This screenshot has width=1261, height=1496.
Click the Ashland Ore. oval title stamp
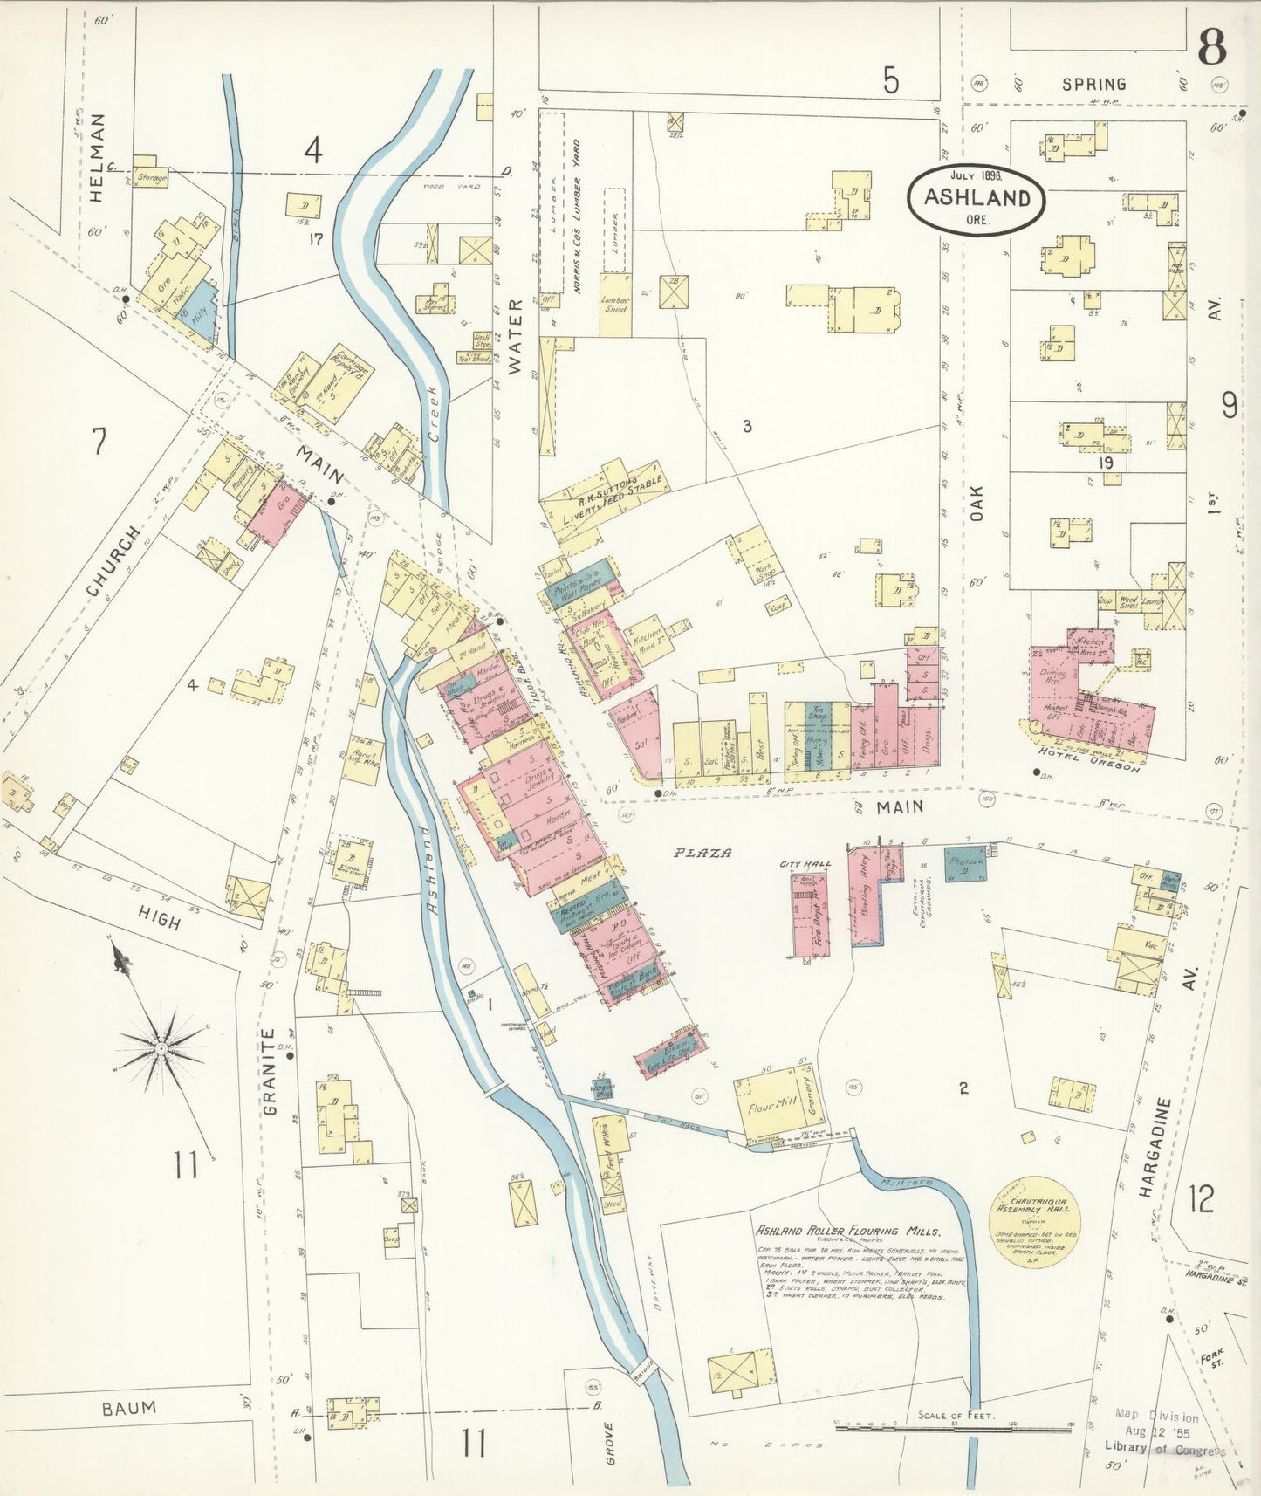click(x=977, y=198)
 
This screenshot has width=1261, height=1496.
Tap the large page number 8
click(x=1211, y=46)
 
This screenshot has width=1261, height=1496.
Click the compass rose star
click(x=161, y=1047)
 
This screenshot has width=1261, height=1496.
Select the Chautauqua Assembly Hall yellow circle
click(x=1034, y=1214)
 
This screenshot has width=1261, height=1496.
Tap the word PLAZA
click(x=702, y=853)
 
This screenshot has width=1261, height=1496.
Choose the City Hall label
click(x=805, y=864)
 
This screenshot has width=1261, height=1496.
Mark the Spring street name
click(x=1093, y=84)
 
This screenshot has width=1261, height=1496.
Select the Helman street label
click(x=97, y=158)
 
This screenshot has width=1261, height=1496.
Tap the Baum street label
click(x=129, y=1408)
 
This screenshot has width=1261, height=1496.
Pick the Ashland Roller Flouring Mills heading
click(x=847, y=1232)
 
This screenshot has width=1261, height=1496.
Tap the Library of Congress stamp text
click(x=1165, y=1450)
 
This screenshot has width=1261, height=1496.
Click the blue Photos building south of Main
click(x=966, y=863)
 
